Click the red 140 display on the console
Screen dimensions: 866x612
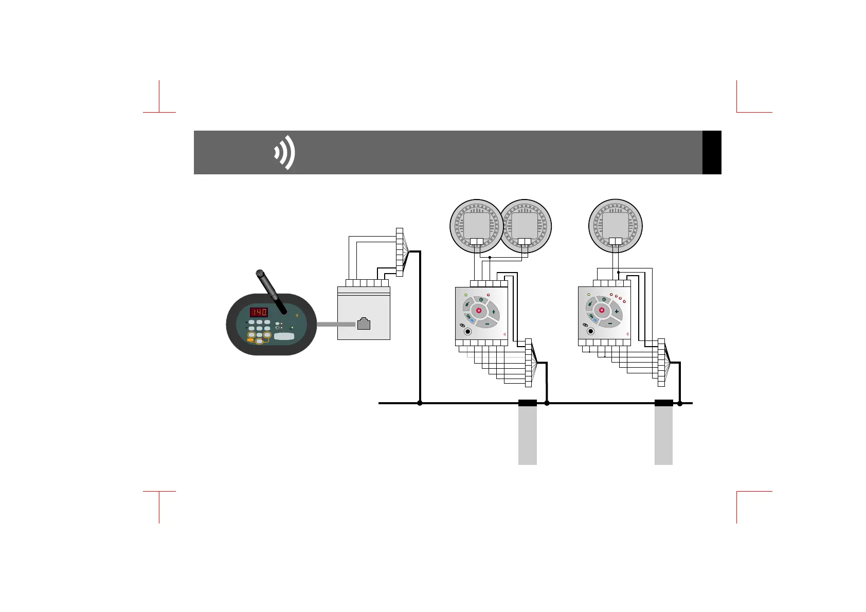[259, 312]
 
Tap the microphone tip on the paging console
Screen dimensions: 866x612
[260, 273]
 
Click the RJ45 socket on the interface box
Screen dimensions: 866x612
[364, 324]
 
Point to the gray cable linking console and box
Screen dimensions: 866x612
[335, 325]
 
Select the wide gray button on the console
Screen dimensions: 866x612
[284, 336]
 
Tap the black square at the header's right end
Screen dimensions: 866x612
[712, 152]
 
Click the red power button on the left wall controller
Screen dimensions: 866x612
[478, 311]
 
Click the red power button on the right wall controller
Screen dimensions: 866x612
[601, 311]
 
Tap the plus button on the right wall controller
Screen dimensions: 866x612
[616, 312]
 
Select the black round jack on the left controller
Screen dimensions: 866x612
[467, 332]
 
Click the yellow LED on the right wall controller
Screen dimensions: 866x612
[589, 295]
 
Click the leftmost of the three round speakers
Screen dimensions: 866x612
[476, 226]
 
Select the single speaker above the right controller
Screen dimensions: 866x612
[615, 226]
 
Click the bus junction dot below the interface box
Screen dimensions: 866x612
[420, 403]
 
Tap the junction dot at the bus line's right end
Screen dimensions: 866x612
[680, 403]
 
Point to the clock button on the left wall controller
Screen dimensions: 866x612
[481, 299]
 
